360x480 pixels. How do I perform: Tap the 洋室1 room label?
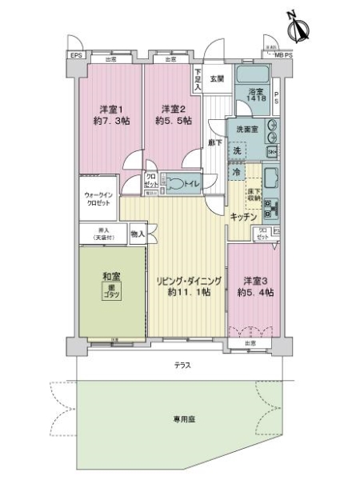pyautogui.click(x=109, y=114)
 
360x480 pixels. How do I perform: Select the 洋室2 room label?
pyautogui.click(x=174, y=114)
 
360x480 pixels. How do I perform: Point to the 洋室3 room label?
pyautogui.click(x=256, y=287)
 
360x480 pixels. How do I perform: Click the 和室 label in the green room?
pyautogui.click(x=110, y=285)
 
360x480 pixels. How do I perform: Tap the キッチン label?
pyautogui.click(x=243, y=217)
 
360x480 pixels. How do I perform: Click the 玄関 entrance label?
pyautogui.click(x=218, y=78)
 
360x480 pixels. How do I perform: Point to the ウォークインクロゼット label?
pyautogui.click(x=99, y=198)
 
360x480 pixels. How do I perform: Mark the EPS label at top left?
pyautogui.click(x=76, y=55)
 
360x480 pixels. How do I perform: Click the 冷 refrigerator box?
pyautogui.click(x=236, y=171)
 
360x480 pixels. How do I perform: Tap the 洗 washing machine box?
pyautogui.click(x=237, y=150)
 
